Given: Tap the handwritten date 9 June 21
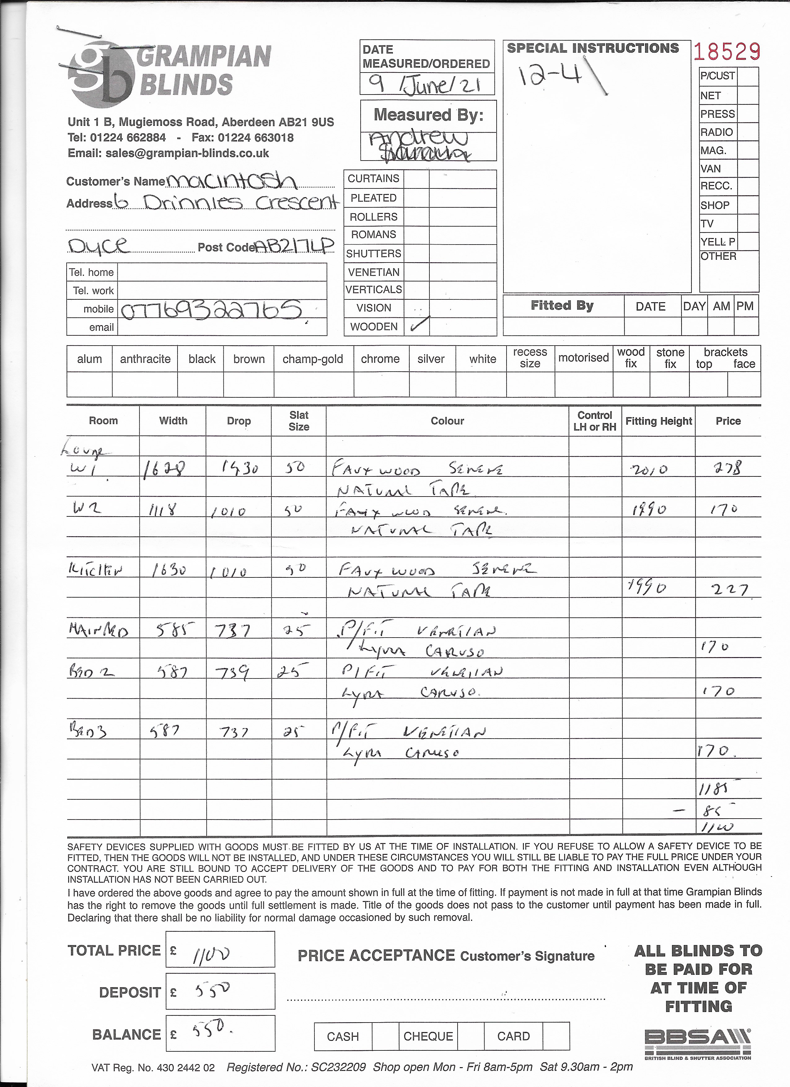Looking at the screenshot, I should pyautogui.click(x=426, y=85).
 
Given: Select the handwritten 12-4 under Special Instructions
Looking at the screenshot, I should pyautogui.click(x=551, y=76).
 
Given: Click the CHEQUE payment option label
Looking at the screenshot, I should pyautogui.click(x=428, y=1036).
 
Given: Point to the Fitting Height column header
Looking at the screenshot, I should pyautogui.click(x=658, y=421).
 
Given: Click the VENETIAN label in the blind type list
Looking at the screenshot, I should pyautogui.click(x=374, y=272).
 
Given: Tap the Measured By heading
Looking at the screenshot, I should pyautogui.click(x=428, y=115).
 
